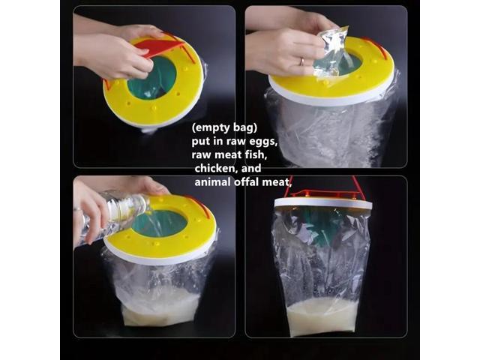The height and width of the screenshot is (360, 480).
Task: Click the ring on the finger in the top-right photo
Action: pyautogui.click(x=301, y=61)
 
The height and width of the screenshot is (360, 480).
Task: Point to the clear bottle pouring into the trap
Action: pyautogui.click(x=112, y=214)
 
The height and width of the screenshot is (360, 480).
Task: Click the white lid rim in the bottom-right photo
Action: pyautogui.click(x=322, y=203)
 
